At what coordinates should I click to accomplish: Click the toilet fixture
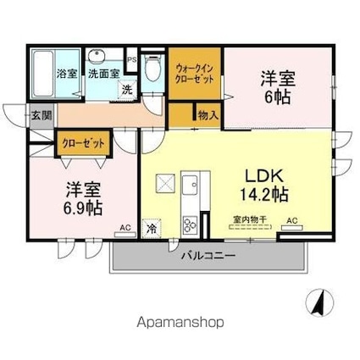pos(152,70)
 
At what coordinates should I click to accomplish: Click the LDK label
pos(264,176)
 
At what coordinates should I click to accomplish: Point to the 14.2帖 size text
pos(264,196)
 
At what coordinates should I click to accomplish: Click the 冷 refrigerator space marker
pos(151,228)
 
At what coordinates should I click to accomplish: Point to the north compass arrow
pos(320,300)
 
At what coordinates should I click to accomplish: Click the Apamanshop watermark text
pos(180,322)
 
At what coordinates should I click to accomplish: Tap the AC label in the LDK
pos(292,221)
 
